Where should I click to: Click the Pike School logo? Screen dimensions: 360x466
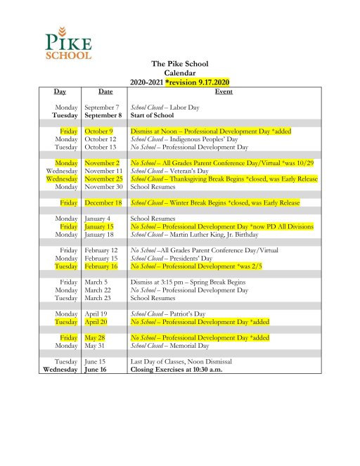click(x=67, y=43)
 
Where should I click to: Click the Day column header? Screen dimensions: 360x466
click(x=60, y=91)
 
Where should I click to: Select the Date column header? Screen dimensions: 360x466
click(x=105, y=91)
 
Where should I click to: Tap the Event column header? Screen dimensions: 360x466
click(x=224, y=91)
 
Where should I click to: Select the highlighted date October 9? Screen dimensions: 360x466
click(x=99, y=131)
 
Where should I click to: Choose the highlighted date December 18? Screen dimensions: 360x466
click(x=103, y=202)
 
